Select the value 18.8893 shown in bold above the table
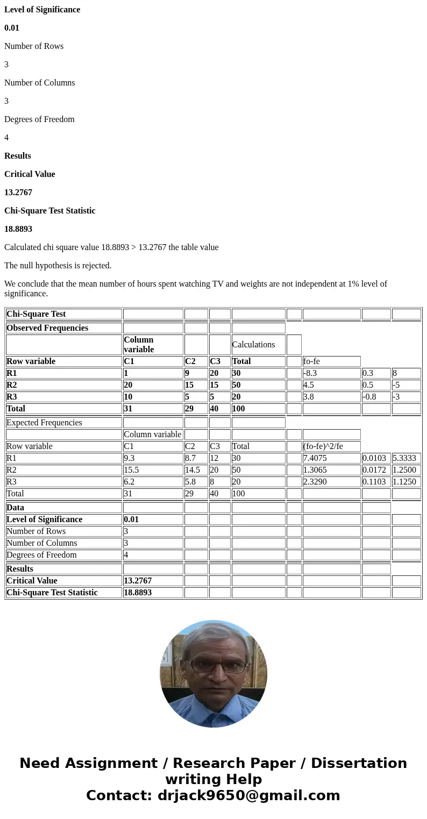click(x=18, y=229)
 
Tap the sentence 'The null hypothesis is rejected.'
click(x=58, y=266)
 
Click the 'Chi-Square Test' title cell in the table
click(x=36, y=314)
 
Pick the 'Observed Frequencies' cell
click(x=47, y=328)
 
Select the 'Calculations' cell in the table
click(x=253, y=345)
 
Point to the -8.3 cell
click(x=313, y=373)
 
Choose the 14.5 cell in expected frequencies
click(x=193, y=470)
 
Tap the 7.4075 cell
click(x=315, y=458)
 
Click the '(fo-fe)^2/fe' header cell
click(x=323, y=446)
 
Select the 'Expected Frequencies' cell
click(x=44, y=423)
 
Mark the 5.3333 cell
click(x=404, y=458)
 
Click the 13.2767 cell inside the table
click(x=138, y=581)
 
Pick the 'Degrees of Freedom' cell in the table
click(x=41, y=555)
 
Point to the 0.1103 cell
click(x=374, y=482)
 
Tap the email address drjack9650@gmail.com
click(x=248, y=796)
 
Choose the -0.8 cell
click(x=369, y=397)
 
